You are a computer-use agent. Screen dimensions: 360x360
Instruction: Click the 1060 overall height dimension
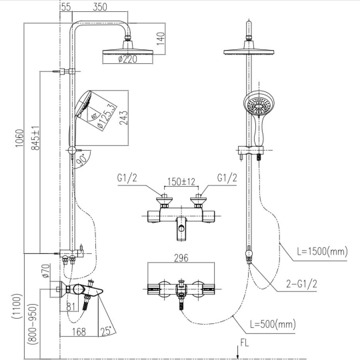[19, 138]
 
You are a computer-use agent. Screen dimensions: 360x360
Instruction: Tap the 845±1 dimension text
[35, 138]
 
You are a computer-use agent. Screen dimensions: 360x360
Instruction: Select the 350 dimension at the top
[100, 7]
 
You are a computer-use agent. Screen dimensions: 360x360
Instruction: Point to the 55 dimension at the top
[66, 7]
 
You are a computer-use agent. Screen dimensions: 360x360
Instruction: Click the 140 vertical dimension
[161, 39]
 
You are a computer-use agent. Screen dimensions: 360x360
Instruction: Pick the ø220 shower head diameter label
[127, 59]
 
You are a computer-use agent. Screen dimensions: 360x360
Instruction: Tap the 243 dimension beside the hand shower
[123, 118]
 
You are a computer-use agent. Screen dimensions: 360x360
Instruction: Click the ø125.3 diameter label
[105, 116]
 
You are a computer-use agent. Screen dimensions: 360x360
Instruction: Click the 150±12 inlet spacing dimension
[181, 181]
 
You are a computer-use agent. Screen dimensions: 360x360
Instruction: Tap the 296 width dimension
[181, 258]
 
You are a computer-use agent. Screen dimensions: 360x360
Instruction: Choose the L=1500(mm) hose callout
[323, 251]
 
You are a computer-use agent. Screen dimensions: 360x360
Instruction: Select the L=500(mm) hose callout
[273, 325]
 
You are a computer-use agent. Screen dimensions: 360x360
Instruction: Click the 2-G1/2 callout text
[301, 284]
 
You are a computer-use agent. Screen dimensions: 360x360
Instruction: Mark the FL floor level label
[245, 343]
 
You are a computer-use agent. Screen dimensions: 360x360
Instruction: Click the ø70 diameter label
[46, 271]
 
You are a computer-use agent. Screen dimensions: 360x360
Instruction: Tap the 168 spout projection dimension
[79, 332]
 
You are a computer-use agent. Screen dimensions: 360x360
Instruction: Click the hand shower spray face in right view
[259, 105]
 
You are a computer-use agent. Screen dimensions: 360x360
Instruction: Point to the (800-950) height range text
[33, 324]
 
